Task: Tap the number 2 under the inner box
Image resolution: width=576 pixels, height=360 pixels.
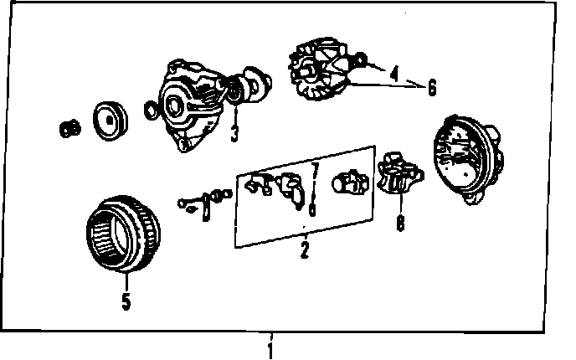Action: [x=305, y=250]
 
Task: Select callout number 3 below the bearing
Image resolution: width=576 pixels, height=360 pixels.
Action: [x=234, y=133]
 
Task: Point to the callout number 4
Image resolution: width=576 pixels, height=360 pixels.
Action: [x=393, y=74]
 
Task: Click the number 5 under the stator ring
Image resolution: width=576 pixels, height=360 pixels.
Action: [x=126, y=301]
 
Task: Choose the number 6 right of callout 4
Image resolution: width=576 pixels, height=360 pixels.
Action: [x=432, y=88]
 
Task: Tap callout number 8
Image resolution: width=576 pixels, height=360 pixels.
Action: [x=400, y=223]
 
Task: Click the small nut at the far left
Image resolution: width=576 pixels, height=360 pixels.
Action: [x=69, y=129]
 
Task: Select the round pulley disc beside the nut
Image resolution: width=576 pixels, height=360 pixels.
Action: [x=111, y=121]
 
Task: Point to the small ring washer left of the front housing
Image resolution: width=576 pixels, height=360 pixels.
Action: [x=151, y=111]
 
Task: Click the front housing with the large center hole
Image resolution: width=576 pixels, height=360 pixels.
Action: [x=190, y=105]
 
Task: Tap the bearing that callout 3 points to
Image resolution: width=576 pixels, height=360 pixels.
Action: [x=234, y=90]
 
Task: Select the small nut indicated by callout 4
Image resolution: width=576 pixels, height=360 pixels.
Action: [x=361, y=59]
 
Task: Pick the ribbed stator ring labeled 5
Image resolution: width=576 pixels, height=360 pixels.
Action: [x=123, y=234]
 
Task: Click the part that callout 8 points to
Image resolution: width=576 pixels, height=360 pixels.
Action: [x=400, y=173]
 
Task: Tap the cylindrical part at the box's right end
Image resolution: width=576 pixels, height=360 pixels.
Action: [x=351, y=183]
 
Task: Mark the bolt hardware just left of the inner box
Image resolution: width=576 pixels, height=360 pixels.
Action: [x=205, y=203]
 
